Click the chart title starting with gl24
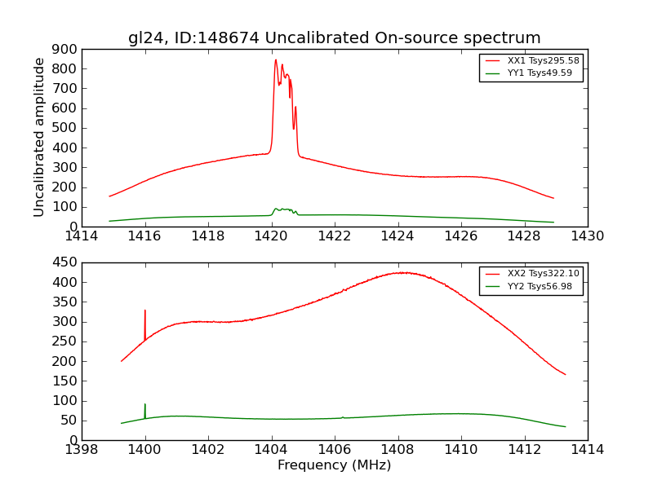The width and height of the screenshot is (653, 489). (x=334, y=38)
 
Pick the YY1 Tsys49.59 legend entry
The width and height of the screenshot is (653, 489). (x=540, y=73)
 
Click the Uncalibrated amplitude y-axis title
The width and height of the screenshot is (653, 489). (x=39, y=137)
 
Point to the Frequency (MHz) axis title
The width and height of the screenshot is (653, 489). (x=334, y=465)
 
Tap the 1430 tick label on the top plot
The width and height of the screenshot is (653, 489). (x=587, y=236)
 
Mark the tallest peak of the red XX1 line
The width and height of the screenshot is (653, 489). (x=276, y=59)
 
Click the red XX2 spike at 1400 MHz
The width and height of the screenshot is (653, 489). (x=145, y=311)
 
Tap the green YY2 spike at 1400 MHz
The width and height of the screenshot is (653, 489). (x=145, y=404)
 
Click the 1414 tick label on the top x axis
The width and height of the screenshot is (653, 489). (x=82, y=236)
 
